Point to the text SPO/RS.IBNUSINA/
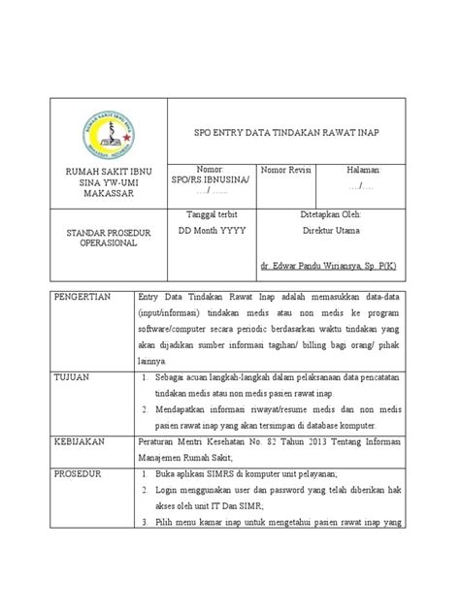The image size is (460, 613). (x=209, y=180)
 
